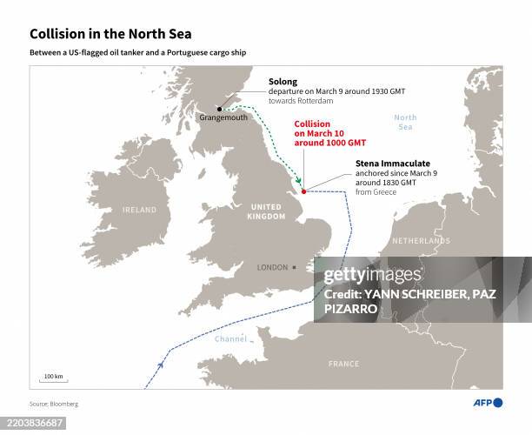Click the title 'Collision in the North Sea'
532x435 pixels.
pos(110,34)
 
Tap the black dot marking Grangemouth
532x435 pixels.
pos(219,109)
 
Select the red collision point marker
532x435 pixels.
pos(303,191)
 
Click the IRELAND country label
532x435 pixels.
pos(139,210)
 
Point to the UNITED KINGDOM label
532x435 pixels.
pos(266,211)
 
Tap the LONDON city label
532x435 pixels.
pos(272,267)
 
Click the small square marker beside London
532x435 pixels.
pos(295,267)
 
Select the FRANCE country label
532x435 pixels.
pos(343,364)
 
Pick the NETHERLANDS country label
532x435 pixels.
pos(422,240)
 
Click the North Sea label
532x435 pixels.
pos(405,122)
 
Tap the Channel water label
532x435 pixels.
pos(231,338)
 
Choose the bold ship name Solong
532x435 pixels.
pos(283,81)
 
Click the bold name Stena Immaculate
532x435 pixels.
pos(393,164)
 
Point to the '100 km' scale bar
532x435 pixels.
pos(54,378)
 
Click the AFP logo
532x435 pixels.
pos(488,402)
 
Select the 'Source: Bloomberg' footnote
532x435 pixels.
pos(53,404)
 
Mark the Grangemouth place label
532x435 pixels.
pos(223,118)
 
